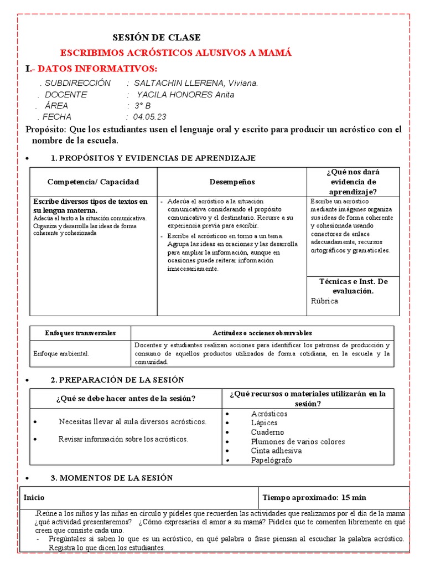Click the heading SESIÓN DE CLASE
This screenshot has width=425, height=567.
(157, 38)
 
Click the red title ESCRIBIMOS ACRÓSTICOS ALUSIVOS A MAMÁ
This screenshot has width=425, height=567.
(175, 53)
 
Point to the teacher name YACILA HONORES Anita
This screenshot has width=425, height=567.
(185, 95)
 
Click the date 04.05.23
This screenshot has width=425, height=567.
(149, 117)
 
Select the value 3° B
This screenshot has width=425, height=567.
(142, 106)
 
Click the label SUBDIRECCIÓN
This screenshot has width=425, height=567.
(77, 83)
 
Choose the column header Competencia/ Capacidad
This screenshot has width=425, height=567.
(94, 182)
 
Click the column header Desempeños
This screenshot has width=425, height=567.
(232, 182)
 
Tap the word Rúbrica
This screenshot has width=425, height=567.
(324, 301)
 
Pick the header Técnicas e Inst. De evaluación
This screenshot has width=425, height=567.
(353, 286)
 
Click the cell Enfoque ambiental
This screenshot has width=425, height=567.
(61, 353)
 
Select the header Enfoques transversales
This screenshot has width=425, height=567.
(80, 333)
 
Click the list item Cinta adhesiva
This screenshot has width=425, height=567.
(276, 451)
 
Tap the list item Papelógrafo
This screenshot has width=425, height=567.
(271, 460)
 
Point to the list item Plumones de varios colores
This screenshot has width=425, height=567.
(298, 441)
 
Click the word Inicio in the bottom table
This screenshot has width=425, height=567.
(34, 498)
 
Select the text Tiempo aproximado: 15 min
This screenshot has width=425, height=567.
(314, 498)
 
